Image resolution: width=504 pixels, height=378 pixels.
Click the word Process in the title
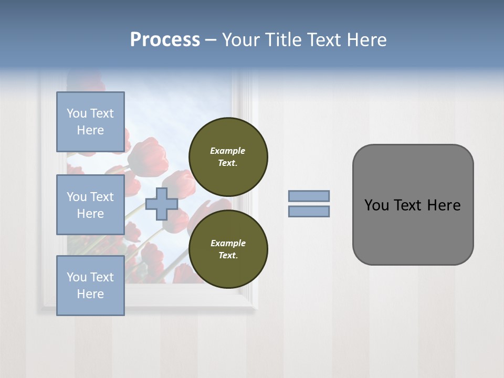[165, 40]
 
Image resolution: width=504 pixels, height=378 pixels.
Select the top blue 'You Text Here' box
[90, 122]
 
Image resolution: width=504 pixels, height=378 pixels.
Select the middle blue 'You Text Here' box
[90, 205]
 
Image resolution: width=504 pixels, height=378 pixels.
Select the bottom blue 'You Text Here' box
[90, 286]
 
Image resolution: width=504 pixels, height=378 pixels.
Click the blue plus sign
[161, 204]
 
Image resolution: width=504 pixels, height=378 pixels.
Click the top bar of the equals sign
[309, 196]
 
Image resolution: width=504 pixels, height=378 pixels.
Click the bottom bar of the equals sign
[309, 211]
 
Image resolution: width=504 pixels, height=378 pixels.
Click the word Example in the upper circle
[227, 151]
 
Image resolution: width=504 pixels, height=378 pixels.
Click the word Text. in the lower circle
[228, 255]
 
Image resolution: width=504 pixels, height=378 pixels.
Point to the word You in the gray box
[376, 205]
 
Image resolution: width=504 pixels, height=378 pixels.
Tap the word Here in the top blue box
[90, 130]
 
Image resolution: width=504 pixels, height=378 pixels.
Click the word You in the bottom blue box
[77, 277]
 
